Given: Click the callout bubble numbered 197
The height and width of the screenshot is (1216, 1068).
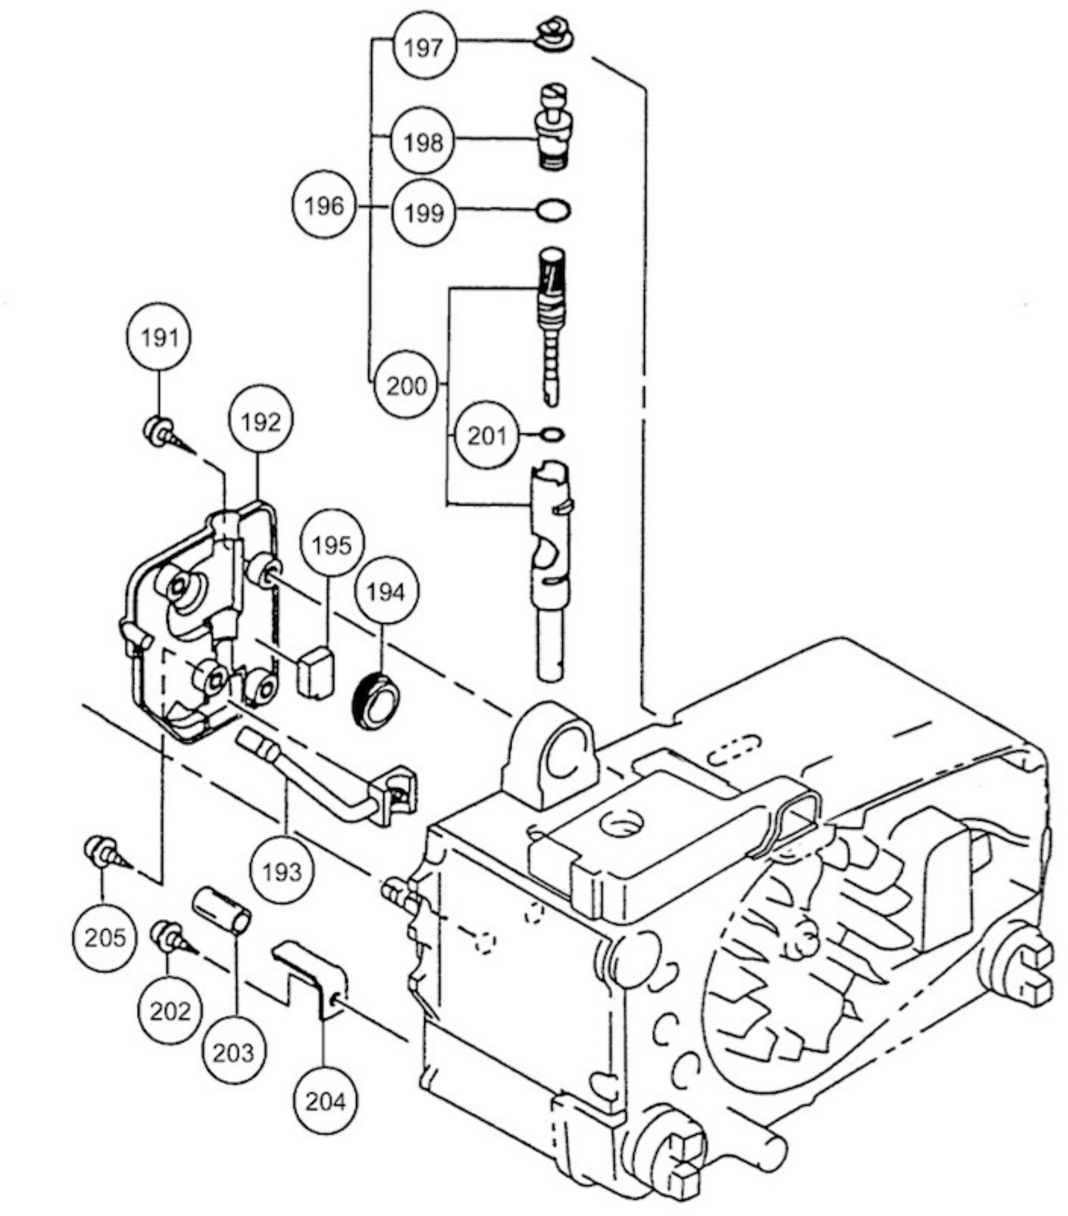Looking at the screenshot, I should click(x=424, y=48).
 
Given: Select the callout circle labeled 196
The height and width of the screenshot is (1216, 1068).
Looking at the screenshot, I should click(x=324, y=206).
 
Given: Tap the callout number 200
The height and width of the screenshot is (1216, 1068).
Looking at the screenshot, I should click(x=407, y=386).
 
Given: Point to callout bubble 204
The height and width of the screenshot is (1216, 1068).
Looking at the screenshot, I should click(x=326, y=1102).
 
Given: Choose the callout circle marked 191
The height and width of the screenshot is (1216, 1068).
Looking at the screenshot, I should click(x=160, y=338).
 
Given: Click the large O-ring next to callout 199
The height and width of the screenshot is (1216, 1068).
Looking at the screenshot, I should click(x=553, y=210).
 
